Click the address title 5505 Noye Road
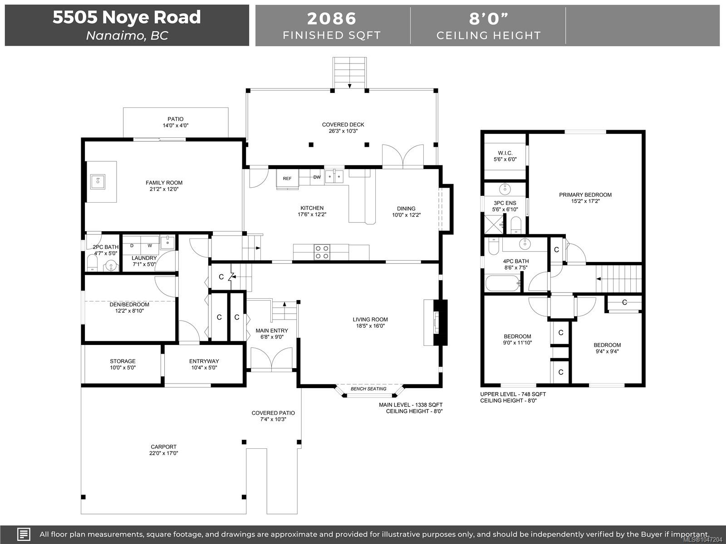pos(127,17)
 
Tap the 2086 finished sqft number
pos(332,19)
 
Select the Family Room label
pos(164,183)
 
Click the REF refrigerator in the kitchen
pos(287,179)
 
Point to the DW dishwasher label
pos(317,177)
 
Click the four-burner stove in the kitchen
pos(322,252)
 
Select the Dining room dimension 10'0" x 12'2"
pos(406,215)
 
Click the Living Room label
pos(370,320)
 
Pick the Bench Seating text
pos(368,389)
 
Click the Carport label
pos(163,447)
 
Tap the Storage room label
pos(123,361)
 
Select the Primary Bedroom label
pos(585,195)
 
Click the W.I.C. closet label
pos(505,153)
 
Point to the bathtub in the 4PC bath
pos(502,283)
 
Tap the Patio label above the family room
pos(175,119)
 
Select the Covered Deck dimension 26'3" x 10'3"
pos(343,131)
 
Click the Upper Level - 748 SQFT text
pos(513,394)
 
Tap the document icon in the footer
pos(24,534)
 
